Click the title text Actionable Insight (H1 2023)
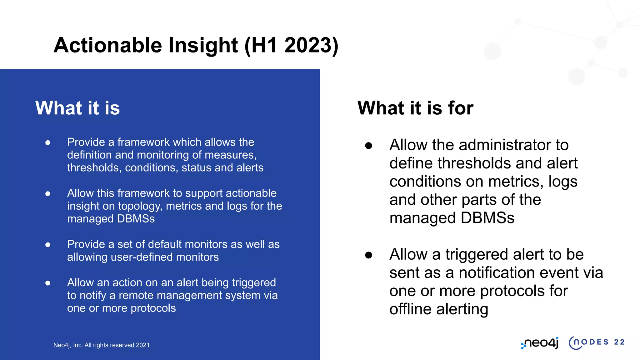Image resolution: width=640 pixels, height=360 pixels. tap(196, 45)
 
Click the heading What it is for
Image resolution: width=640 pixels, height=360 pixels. tap(415, 108)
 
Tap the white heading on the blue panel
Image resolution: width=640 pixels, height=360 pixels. tap(77, 108)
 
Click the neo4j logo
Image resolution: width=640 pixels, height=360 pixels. tap(540, 343)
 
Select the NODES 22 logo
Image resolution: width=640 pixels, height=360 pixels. tap(596, 342)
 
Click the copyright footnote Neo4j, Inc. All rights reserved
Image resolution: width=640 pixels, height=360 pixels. tap(101, 345)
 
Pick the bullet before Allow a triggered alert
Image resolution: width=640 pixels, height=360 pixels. tap(369, 255)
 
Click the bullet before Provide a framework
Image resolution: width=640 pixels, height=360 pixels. tap(48, 142)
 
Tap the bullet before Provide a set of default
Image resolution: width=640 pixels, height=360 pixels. tap(48, 245)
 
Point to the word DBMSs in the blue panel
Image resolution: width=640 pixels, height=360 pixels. tap(136, 219)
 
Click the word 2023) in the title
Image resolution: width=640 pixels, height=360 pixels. tap(311, 45)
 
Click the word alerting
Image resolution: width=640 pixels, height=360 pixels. tap(462, 309)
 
